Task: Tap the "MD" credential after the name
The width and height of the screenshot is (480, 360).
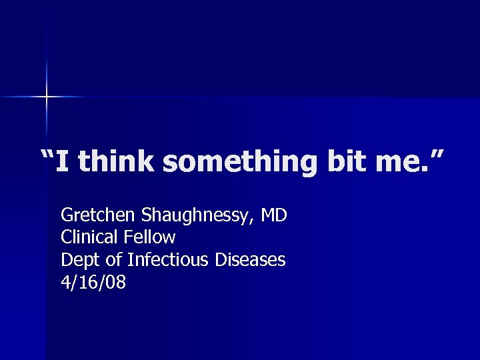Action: (x=274, y=215)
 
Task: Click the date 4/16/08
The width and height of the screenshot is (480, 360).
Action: (x=93, y=283)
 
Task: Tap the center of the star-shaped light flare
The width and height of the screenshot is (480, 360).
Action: (x=47, y=97)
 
